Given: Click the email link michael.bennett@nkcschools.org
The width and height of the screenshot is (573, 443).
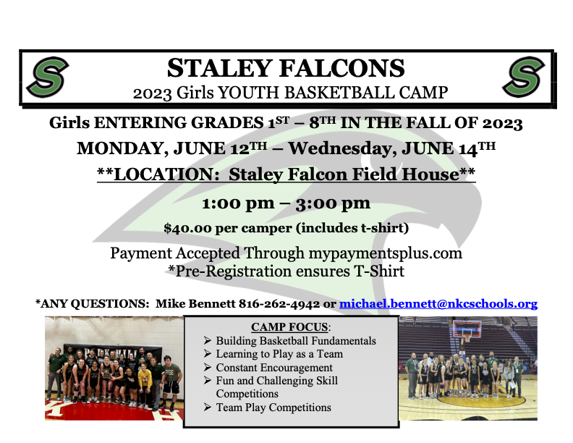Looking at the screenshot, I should [438, 303].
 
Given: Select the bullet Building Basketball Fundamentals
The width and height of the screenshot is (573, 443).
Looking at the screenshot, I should [296, 341].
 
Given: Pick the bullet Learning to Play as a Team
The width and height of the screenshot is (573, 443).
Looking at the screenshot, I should [279, 354].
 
